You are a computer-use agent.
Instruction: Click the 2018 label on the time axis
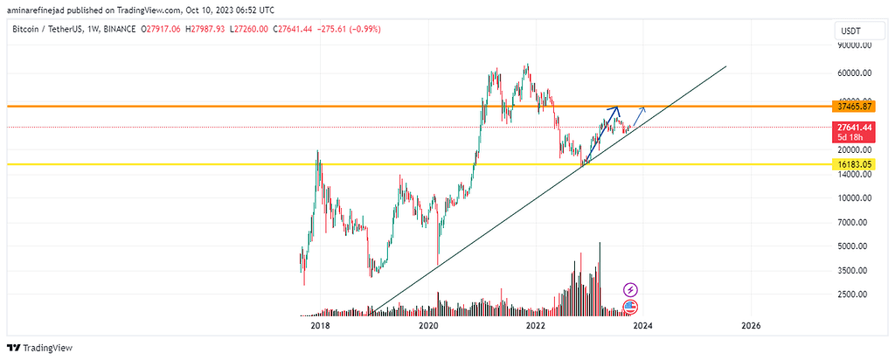tap(320, 325)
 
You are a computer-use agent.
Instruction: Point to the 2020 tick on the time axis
tap(428, 325)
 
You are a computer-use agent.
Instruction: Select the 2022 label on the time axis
tap(536, 325)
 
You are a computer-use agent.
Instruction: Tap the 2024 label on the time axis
tap(643, 325)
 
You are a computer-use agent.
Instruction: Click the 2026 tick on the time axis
tap(750, 325)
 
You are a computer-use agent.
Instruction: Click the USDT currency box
tap(850, 31)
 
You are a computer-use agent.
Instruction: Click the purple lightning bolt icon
tap(631, 289)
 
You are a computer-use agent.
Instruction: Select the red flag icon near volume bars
tap(631, 307)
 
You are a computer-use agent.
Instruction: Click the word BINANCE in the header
tap(118, 30)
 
